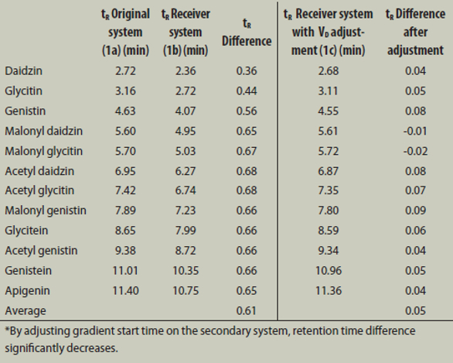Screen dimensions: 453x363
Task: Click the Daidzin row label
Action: pos(23,71)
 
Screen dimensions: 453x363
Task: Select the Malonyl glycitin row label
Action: pos(43,151)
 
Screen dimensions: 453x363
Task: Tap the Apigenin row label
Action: pos(27,291)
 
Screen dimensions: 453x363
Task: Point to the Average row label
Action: pos(26,310)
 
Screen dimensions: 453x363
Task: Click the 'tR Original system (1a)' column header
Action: pos(125,32)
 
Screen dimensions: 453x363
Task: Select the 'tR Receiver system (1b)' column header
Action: pos(186,32)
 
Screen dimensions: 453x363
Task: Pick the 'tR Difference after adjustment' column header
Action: pos(415,32)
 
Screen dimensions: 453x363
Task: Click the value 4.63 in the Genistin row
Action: pos(125,111)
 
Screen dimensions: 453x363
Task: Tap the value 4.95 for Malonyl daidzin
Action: pos(186,131)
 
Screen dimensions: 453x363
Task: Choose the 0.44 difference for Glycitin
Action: pos(247,91)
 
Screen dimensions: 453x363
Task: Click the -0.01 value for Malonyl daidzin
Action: pos(415,131)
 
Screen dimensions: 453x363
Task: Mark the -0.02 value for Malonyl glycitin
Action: pos(415,151)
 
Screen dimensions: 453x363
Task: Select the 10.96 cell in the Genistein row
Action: pos(329,271)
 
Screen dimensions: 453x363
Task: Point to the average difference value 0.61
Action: pos(247,310)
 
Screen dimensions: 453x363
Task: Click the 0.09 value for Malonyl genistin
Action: pos(415,211)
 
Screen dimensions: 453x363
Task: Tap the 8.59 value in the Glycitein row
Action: pos(329,231)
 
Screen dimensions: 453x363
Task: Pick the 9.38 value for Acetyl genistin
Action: pos(125,251)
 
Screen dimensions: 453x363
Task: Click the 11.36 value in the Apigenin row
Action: pos(329,291)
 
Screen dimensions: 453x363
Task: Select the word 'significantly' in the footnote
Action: pos(34,348)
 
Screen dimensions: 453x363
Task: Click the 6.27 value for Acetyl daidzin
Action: pos(186,171)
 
